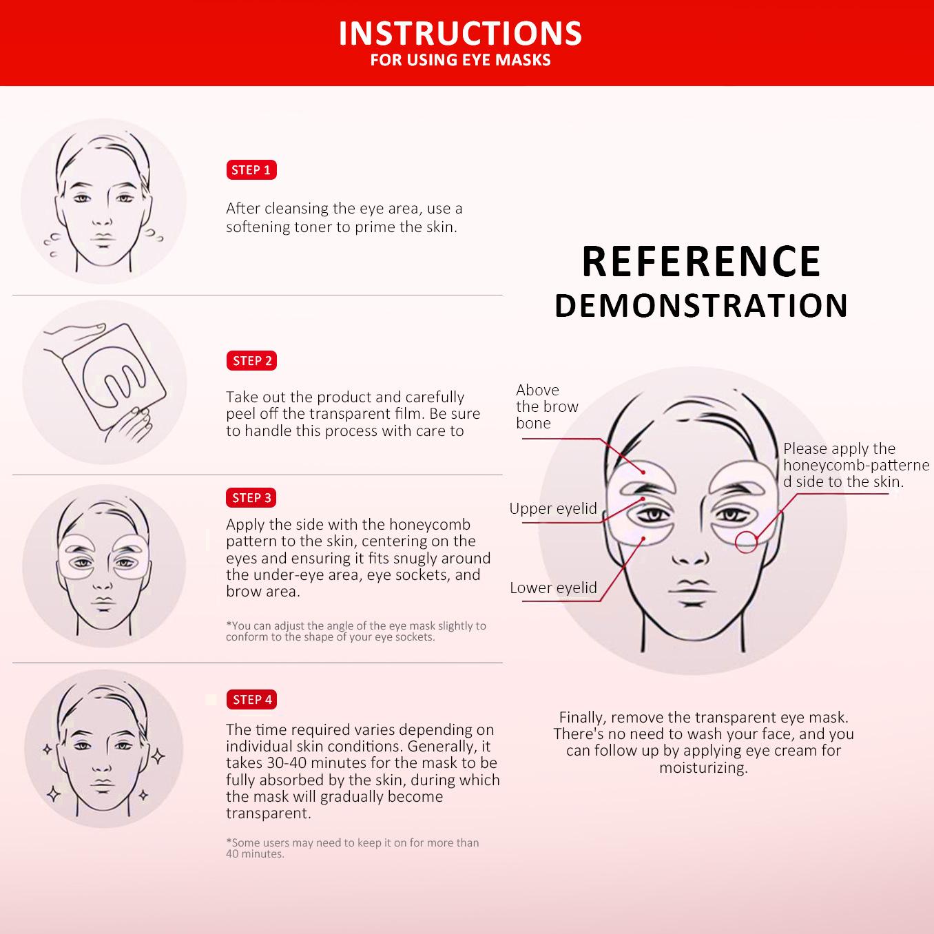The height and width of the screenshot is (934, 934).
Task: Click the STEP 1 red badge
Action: [x=251, y=170]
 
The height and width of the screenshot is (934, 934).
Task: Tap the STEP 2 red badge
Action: [x=251, y=361]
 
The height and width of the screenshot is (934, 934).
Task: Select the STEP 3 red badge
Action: [x=251, y=498]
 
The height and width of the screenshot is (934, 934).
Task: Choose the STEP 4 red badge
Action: [x=251, y=700]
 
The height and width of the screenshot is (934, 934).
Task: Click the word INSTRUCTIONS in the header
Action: [x=460, y=34]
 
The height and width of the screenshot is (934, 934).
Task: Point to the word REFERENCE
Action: [x=701, y=262]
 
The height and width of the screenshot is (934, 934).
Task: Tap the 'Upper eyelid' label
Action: [x=553, y=508]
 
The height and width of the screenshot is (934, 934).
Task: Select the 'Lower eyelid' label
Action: [x=553, y=588]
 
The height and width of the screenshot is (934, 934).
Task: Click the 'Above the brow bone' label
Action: [x=547, y=406]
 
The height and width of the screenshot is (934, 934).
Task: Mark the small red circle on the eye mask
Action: [x=746, y=542]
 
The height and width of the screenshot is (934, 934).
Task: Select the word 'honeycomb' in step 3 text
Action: [x=430, y=525]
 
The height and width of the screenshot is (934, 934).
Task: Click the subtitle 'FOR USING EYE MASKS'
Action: [x=460, y=60]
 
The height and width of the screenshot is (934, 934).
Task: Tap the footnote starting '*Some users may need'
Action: [x=352, y=848]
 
